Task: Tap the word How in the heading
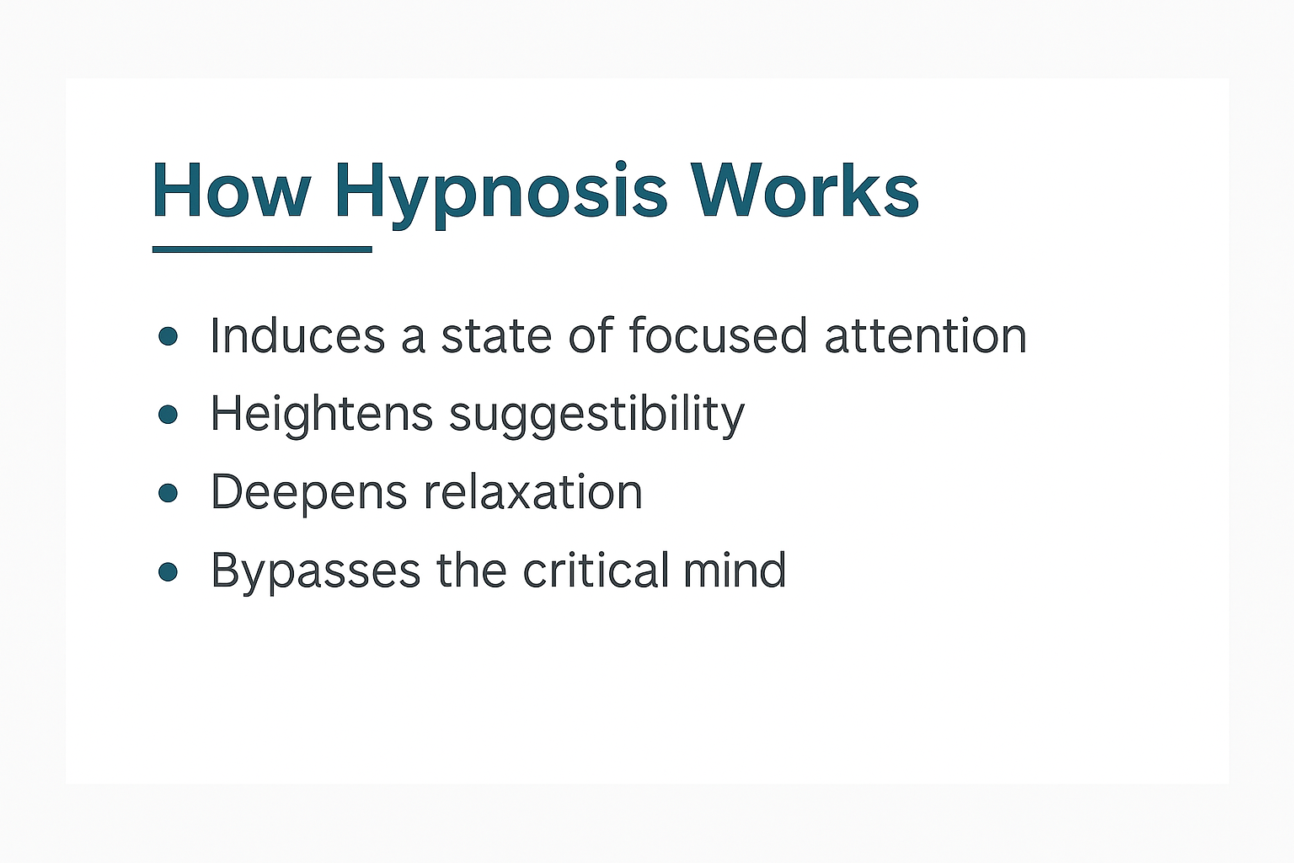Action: (231, 192)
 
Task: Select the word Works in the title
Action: (805, 192)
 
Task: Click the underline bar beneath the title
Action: (262, 249)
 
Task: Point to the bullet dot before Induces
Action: (168, 336)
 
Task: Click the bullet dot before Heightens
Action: (168, 414)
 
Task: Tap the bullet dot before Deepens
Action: (168, 492)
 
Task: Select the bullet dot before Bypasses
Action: (168, 571)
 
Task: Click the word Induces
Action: (297, 336)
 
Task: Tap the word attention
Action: (925, 336)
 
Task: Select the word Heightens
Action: (321, 414)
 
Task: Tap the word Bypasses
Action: (315, 571)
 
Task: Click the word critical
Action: (596, 571)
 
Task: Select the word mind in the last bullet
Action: (735, 571)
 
